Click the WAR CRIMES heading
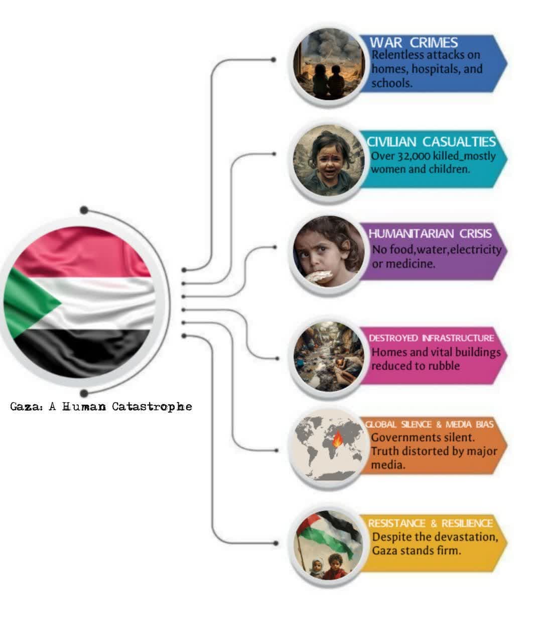click(414, 42)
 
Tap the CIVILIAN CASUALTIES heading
click(431, 142)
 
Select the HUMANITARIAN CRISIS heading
click(430, 234)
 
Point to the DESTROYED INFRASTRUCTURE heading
click(431, 338)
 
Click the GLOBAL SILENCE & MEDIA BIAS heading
click(429, 425)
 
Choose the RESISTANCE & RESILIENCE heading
click(430, 523)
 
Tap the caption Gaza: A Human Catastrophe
click(101, 406)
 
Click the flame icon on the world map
click(338, 440)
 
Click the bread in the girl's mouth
click(320, 276)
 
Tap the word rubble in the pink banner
click(443, 366)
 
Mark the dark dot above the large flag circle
click(84, 210)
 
